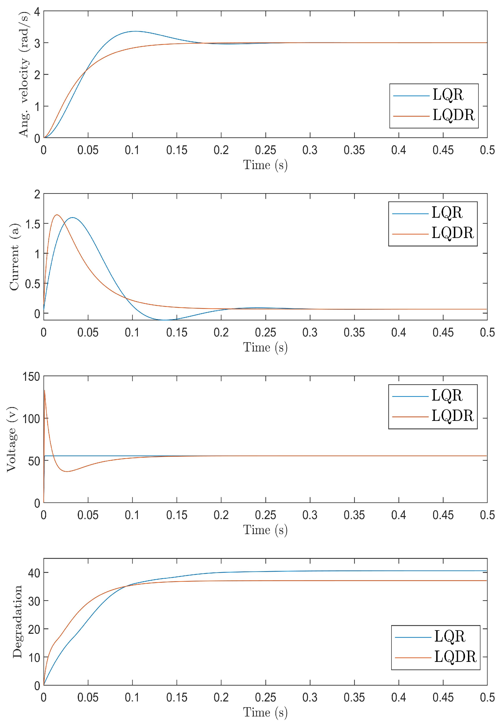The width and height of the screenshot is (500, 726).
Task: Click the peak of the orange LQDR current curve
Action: (x=57, y=215)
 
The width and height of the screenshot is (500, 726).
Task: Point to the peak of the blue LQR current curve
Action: (x=73, y=217)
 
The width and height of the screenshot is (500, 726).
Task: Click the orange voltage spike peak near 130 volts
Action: (x=45, y=390)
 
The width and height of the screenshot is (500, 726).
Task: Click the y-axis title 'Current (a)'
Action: (x=14, y=257)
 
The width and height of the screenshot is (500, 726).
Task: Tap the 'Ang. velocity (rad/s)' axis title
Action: (x=24, y=74)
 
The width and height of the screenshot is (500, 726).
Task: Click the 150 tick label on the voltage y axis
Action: (x=31, y=377)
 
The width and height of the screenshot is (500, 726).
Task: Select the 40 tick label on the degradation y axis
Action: (x=34, y=573)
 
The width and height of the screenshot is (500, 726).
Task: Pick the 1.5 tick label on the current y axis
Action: (x=33, y=224)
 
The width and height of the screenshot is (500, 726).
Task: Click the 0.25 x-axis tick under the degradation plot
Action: (x=265, y=697)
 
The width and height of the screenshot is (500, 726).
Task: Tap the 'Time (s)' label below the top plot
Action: (x=265, y=165)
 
